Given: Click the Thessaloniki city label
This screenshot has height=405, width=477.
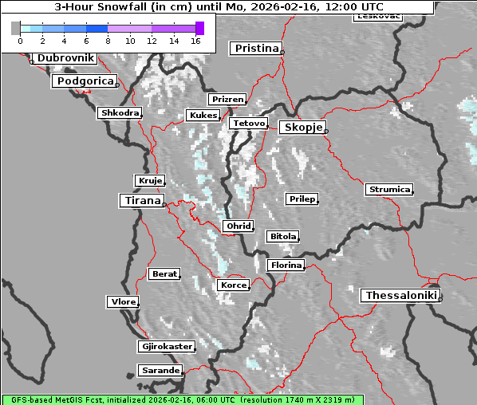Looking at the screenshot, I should (x=401, y=296).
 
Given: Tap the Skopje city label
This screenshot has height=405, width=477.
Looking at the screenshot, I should (x=302, y=128).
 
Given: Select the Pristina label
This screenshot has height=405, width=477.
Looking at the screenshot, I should (x=256, y=49).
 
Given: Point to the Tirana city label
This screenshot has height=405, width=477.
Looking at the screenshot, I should (x=141, y=201).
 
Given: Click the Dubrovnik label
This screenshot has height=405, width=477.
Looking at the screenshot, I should (x=66, y=58).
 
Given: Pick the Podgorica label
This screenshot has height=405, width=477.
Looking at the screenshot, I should (x=85, y=81).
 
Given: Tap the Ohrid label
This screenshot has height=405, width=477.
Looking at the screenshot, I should (x=238, y=226).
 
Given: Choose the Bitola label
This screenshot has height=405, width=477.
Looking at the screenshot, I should (x=282, y=237).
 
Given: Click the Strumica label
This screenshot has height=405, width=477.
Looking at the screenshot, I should (x=389, y=190).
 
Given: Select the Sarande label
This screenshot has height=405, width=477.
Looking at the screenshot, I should (x=160, y=371).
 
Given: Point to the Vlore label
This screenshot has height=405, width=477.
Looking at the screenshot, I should (x=122, y=302).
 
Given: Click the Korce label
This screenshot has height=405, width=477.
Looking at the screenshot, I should (x=233, y=285).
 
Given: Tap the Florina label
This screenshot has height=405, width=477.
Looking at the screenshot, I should (x=286, y=265).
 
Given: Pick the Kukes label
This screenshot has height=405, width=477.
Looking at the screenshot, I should (x=203, y=116).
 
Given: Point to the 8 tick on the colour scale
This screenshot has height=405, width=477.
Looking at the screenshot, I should (x=108, y=41).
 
